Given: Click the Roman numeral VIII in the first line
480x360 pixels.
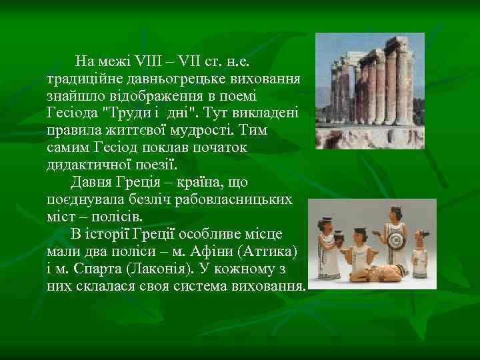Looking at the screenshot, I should tap(147, 63).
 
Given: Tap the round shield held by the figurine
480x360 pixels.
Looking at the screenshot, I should tap(396, 241).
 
